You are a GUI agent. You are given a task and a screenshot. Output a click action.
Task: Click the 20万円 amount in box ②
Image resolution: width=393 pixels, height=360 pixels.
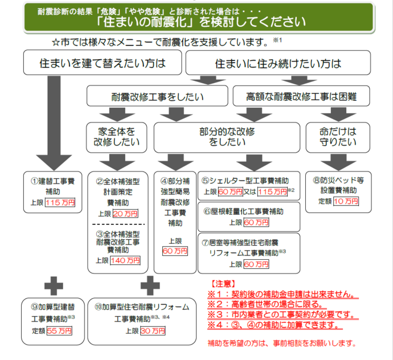tap(125, 214)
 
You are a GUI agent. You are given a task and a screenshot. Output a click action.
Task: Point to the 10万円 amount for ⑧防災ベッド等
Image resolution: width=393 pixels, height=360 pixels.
tap(346, 202)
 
